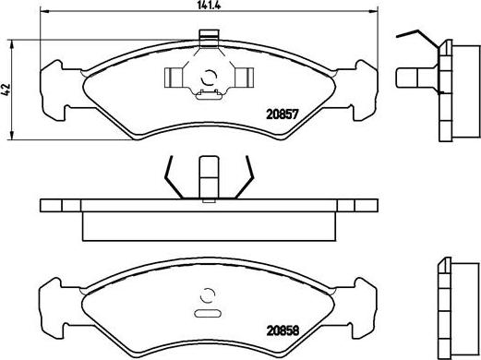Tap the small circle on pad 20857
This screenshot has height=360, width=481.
pyautogui.click(x=208, y=78)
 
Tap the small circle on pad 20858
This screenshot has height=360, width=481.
pyautogui.click(x=208, y=297)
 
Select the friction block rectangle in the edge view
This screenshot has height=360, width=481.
pyautogui.click(x=209, y=224)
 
